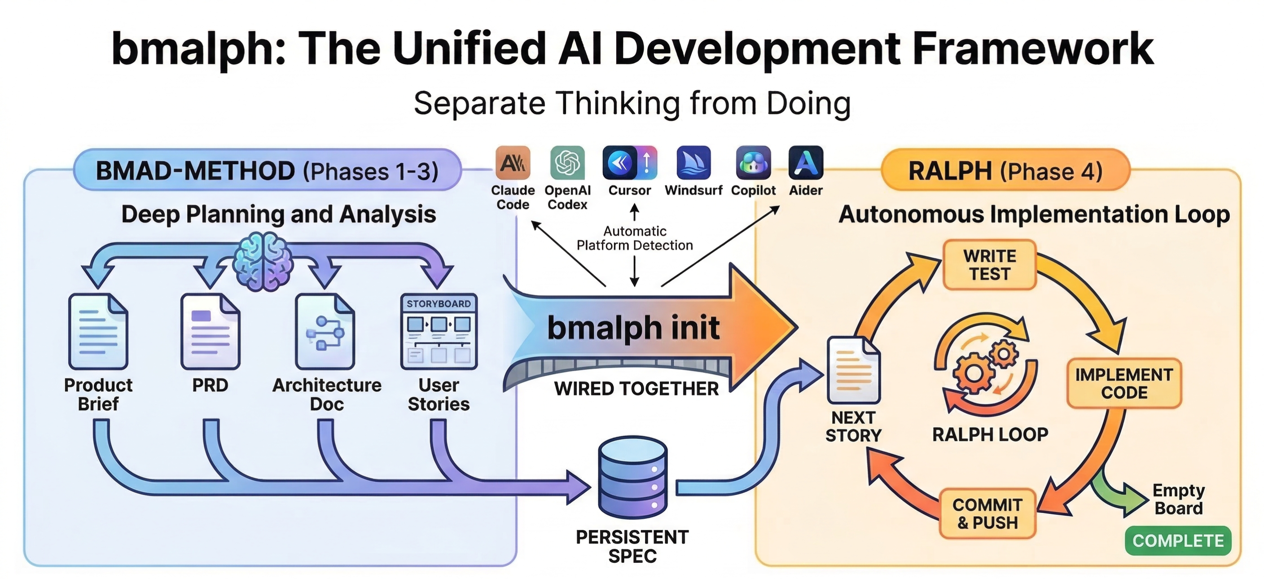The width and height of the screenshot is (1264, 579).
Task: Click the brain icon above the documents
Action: click(x=263, y=262)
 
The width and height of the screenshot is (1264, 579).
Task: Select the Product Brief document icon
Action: click(x=98, y=331)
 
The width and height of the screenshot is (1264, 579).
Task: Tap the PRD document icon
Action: click(x=210, y=331)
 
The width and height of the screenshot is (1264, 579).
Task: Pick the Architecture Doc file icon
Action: click(x=325, y=331)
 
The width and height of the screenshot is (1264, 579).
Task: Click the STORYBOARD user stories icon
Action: click(x=439, y=331)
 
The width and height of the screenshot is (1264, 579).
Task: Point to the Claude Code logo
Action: click(x=513, y=163)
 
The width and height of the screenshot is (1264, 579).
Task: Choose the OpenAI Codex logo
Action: click(x=567, y=163)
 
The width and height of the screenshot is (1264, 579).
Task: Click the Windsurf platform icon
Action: click(x=693, y=163)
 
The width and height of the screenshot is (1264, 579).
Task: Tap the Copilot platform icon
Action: click(x=753, y=163)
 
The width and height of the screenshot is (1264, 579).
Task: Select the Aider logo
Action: click(x=806, y=163)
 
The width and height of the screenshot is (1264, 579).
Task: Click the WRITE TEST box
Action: click(x=989, y=265)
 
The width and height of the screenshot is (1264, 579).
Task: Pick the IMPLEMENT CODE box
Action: click(x=1124, y=384)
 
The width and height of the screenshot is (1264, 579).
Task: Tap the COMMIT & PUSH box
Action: click(x=987, y=514)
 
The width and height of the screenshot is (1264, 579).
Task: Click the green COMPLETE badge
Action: click(x=1178, y=541)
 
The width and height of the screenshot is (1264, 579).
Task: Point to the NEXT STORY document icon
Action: click(x=853, y=370)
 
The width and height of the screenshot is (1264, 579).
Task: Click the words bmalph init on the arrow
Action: click(x=633, y=328)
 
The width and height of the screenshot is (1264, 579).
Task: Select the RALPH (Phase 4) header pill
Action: click(x=1005, y=171)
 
